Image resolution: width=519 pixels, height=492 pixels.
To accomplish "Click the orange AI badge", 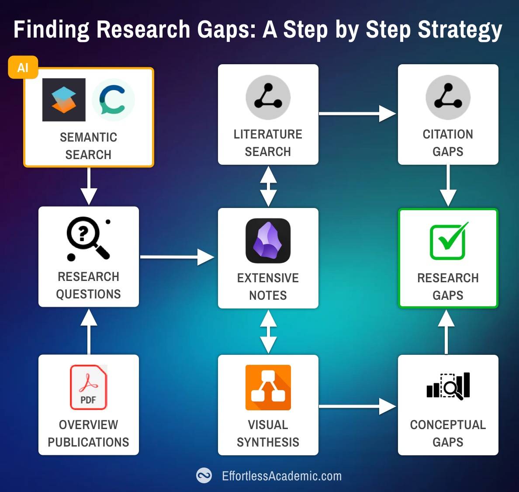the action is click(x=23, y=67).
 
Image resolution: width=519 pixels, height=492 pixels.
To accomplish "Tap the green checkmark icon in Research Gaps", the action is click(x=449, y=241).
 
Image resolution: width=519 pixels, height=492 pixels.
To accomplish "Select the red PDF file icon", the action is click(x=88, y=387).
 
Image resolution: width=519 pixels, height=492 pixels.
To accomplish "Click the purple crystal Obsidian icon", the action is click(x=268, y=241).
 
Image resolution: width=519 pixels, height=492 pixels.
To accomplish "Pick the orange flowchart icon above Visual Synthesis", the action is click(x=268, y=388).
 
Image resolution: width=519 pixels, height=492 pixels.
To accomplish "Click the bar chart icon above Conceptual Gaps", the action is click(x=448, y=386).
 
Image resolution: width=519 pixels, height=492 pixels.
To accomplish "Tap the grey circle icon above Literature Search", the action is click(x=268, y=97).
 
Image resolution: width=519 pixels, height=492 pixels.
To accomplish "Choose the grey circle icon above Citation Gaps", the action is click(x=448, y=97).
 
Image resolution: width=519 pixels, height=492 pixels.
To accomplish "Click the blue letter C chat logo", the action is click(x=113, y=100).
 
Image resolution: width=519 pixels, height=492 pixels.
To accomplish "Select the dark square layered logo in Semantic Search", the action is click(x=64, y=100).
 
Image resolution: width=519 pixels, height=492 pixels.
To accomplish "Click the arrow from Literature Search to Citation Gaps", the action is click(x=357, y=114).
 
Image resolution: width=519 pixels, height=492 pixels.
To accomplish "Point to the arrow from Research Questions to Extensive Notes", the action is click(x=177, y=257).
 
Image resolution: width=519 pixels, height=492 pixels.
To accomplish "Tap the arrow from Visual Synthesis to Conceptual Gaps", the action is click(x=357, y=406).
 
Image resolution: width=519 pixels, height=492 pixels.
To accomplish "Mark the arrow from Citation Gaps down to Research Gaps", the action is click(x=448, y=185).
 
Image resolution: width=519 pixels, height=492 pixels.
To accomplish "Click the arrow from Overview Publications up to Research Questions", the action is click(x=89, y=331).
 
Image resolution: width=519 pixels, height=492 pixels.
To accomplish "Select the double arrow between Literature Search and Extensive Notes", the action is click(x=268, y=187).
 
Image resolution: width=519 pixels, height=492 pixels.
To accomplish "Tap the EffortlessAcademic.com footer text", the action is click(x=282, y=476).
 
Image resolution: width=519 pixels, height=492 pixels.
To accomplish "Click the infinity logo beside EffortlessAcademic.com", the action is click(x=204, y=475).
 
